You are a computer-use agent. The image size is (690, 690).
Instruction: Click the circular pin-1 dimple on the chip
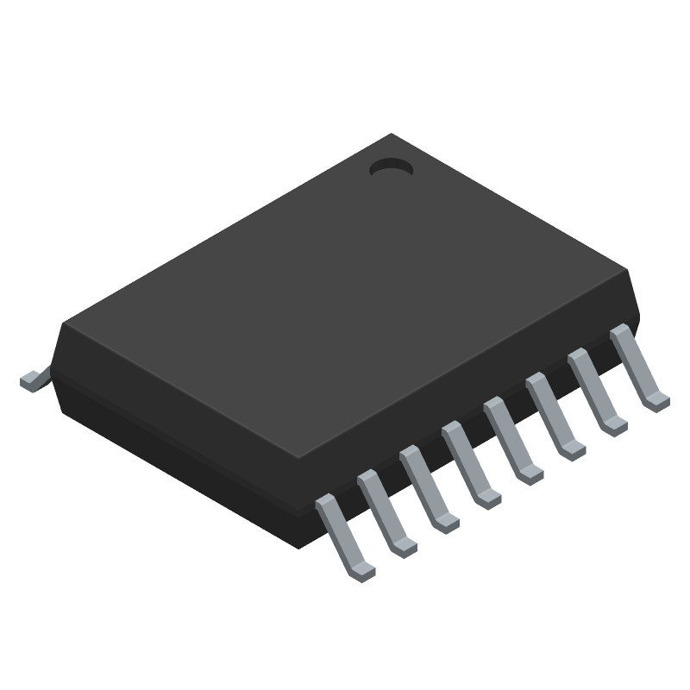point(391,169)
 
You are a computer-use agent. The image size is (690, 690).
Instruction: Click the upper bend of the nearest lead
point(325,502)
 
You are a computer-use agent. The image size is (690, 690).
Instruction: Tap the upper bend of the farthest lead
point(619,332)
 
